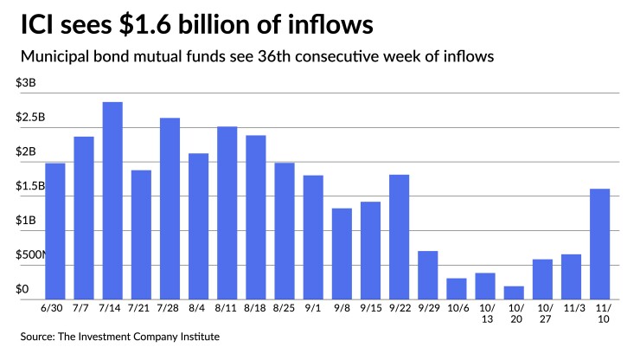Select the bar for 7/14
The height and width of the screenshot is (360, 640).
point(112,200)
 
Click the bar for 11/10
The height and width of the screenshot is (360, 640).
point(600,243)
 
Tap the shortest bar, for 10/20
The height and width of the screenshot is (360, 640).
point(515,292)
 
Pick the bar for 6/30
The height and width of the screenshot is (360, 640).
point(55,230)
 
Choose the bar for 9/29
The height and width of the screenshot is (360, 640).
point(428,274)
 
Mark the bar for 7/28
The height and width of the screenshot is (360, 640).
point(170,208)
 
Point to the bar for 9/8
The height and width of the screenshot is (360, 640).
point(342,253)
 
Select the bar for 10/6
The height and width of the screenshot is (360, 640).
point(457,288)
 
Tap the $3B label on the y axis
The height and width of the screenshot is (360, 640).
point(25,82)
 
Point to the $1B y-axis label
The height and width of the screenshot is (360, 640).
point(25,221)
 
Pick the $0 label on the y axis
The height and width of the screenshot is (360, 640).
point(22,289)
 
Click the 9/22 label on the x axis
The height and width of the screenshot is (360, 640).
point(400,308)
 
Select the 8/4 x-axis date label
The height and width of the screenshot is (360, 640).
point(198,308)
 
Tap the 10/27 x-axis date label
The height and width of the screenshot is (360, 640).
point(543,314)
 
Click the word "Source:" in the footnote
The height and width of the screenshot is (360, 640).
point(40,337)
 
